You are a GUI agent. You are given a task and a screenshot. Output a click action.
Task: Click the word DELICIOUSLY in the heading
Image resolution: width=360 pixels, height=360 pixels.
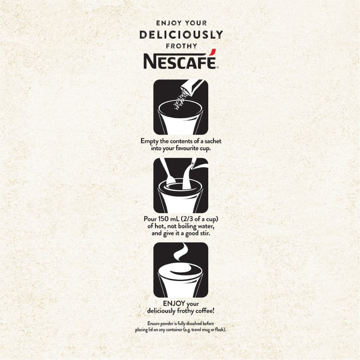[181, 35]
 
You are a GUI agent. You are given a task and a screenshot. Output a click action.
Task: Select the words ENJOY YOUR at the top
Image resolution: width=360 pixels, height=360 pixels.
[181, 23]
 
